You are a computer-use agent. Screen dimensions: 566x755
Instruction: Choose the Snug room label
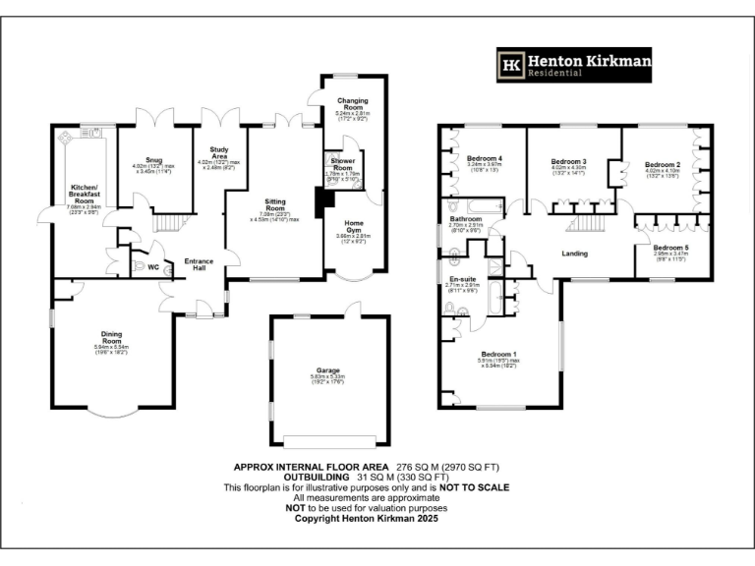[153, 159]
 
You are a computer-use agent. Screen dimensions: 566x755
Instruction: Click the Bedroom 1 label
[499, 355]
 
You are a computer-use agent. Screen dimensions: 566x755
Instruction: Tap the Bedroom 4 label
[485, 159]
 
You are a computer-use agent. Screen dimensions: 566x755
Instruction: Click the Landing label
[574, 254]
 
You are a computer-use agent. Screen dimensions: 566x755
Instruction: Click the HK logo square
[512, 66]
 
